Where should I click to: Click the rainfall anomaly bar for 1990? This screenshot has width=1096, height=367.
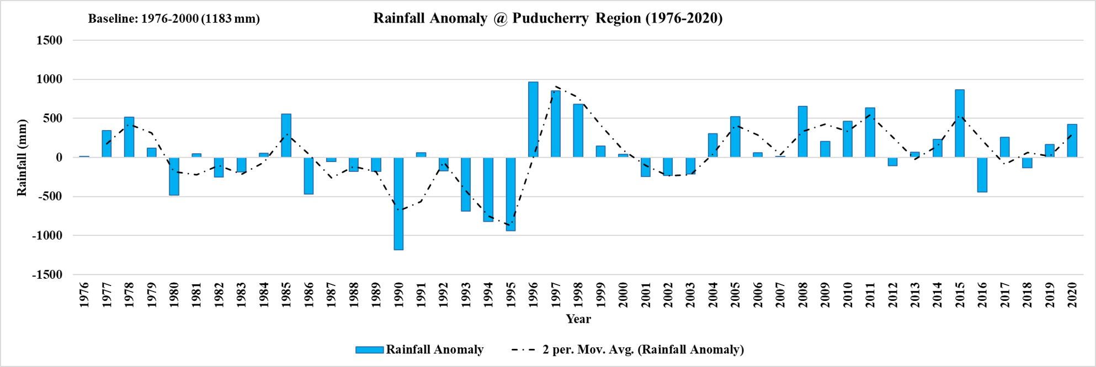398,203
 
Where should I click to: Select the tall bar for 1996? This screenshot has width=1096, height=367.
533,120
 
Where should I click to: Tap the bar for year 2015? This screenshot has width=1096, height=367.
960,123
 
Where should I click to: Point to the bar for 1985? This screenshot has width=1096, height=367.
286,136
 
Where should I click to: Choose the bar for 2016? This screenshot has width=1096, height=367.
982,175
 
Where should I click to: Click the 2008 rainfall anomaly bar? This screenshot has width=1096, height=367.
802,132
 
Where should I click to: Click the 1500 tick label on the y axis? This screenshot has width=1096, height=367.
49,40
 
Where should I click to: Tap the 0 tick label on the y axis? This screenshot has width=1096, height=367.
58,158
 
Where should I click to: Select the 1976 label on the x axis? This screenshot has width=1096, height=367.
84,295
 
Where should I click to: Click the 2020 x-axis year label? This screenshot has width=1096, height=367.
1072,295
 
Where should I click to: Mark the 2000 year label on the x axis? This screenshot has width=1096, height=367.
623,295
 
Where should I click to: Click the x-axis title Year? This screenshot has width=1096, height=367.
578,319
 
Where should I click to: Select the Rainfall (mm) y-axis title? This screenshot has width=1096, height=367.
22,158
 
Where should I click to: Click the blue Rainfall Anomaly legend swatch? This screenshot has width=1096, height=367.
369,350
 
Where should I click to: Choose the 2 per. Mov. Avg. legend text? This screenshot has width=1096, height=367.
643,350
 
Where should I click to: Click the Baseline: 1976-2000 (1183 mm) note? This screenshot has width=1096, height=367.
174,19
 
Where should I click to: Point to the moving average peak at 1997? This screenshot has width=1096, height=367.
556,87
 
